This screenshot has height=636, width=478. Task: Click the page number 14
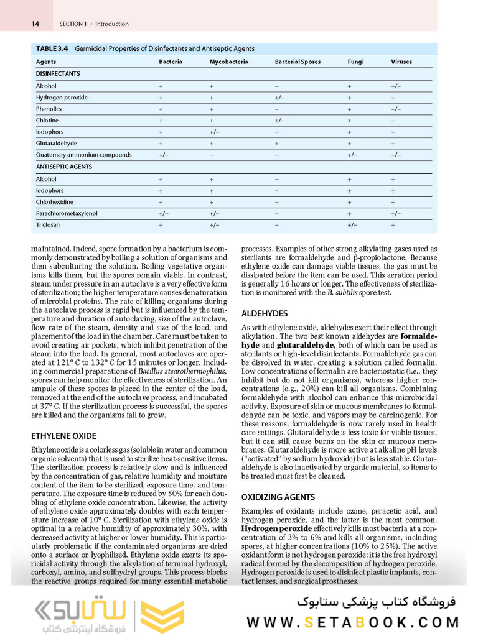pos(35,24)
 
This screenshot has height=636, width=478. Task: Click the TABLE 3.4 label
pos(52,48)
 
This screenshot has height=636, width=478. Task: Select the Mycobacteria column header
pos(228,62)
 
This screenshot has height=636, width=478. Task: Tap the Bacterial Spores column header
pos(298,62)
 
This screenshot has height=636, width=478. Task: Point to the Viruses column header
pos(401,62)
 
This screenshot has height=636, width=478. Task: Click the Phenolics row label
pos(49,109)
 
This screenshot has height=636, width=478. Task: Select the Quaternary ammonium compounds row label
pos(83,155)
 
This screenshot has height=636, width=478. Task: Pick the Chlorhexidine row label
pos(54,202)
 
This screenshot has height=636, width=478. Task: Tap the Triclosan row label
pos(48,225)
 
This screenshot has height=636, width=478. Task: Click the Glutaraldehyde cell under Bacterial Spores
pos(276,143)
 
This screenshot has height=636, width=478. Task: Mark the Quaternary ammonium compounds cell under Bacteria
pos(164,155)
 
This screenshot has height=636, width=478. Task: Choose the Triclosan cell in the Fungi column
pos(352,225)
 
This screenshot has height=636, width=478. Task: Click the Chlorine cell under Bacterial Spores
pos(279,121)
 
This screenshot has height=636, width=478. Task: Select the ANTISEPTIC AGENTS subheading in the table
pos(63,167)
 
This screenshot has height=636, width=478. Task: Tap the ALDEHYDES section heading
pos(265,314)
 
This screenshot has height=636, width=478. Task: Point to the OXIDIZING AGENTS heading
pos(278,497)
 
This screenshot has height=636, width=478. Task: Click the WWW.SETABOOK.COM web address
pos(352,622)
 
